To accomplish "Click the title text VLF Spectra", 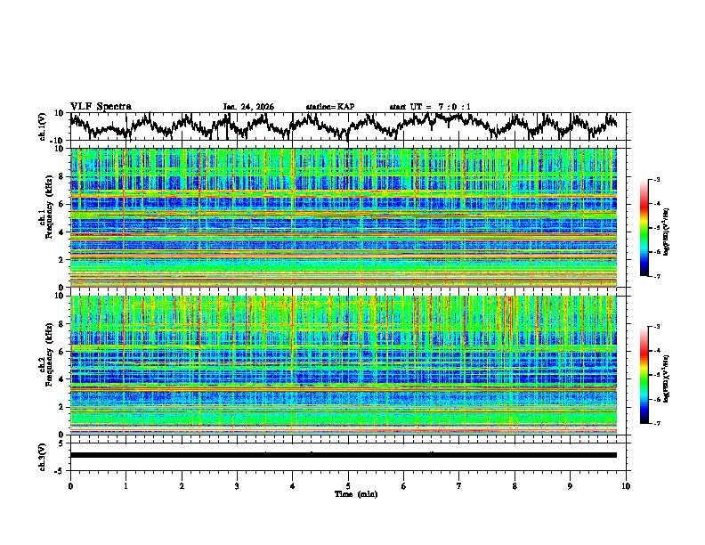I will pyautogui.click(x=101, y=106).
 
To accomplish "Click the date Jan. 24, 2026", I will pyautogui.click(x=248, y=107).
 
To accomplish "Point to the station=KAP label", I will pyautogui.click(x=329, y=107).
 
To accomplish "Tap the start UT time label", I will pyautogui.click(x=430, y=107).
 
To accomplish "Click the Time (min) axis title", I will pyautogui.click(x=348, y=493).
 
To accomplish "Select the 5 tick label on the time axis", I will pyautogui.click(x=348, y=485).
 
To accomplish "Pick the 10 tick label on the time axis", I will pyautogui.click(x=626, y=485).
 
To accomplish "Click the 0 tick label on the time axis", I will pyautogui.click(x=70, y=485).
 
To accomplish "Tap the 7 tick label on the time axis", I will pyautogui.click(x=459, y=485).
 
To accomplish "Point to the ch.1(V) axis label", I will pyautogui.click(x=44, y=126).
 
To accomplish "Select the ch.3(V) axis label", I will pyautogui.click(x=44, y=455).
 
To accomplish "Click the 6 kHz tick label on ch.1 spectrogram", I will pyautogui.click(x=62, y=204).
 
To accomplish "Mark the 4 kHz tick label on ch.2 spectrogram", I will pyautogui.click(x=62, y=378).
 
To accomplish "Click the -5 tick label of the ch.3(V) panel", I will pyautogui.click(x=60, y=469).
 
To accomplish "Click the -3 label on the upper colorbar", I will pyautogui.click(x=656, y=180).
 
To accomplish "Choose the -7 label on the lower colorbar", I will pyautogui.click(x=656, y=424).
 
